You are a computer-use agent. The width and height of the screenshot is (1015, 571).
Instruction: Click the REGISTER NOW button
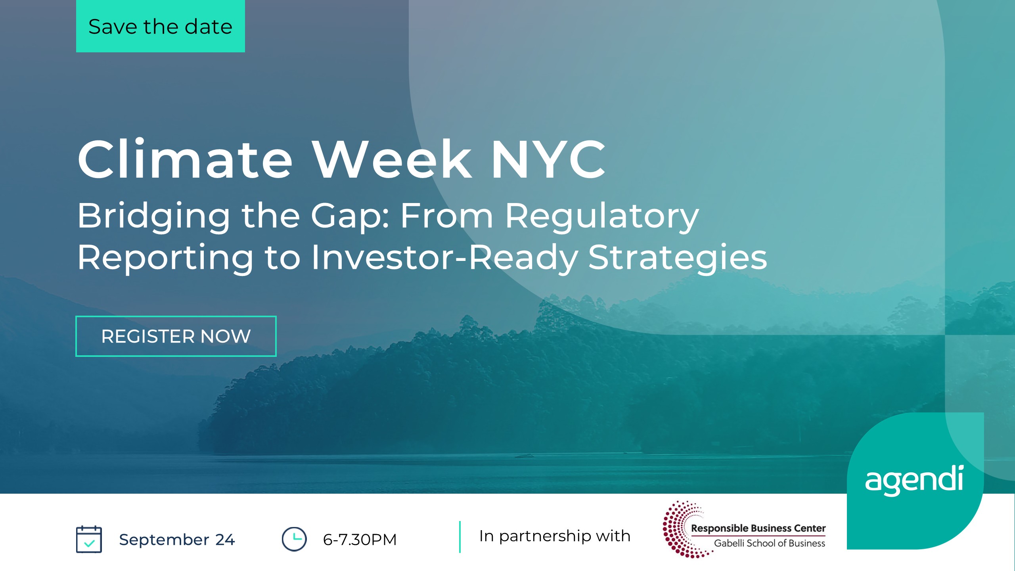(x=176, y=336)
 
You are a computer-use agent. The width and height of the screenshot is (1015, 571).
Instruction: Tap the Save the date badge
(x=161, y=26)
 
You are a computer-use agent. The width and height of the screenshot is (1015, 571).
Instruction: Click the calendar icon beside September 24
(x=89, y=539)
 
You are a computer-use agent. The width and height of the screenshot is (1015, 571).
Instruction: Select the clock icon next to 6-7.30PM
(x=294, y=539)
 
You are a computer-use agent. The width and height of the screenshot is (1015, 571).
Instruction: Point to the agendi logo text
(x=914, y=480)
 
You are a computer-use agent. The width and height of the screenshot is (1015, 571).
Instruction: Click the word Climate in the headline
(x=185, y=159)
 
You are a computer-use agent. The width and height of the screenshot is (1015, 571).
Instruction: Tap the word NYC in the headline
(x=548, y=159)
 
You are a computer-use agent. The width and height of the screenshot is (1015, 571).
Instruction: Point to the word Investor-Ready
(x=444, y=258)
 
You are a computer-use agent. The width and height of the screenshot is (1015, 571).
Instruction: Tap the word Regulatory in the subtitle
(x=602, y=217)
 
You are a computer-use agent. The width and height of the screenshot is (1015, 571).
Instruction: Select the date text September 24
(x=177, y=540)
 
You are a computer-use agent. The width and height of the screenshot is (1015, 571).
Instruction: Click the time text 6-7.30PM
(x=360, y=540)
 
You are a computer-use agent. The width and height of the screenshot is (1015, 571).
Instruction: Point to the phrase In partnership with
(x=555, y=537)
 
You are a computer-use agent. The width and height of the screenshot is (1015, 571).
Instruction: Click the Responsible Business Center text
(x=758, y=528)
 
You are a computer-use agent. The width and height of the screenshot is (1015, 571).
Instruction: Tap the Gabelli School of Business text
(x=770, y=543)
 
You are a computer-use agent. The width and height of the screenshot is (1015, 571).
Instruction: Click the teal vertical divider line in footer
(x=460, y=537)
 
